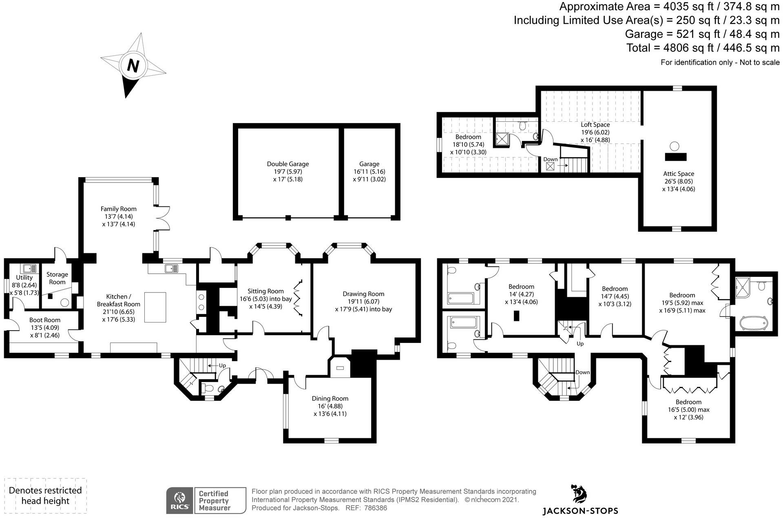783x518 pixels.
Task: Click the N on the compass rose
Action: (x=133, y=66)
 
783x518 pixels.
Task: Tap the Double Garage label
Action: (x=288, y=164)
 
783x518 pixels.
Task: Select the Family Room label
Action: (x=119, y=209)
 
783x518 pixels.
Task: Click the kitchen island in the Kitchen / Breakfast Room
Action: (x=155, y=307)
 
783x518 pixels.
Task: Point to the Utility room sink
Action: (x=29, y=268)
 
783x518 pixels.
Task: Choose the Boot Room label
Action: (x=45, y=320)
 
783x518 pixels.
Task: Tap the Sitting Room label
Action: (x=265, y=291)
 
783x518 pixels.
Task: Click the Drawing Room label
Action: (x=363, y=294)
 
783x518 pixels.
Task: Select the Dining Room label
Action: (x=330, y=398)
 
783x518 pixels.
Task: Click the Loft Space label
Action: (x=595, y=125)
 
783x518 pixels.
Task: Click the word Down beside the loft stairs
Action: (x=550, y=159)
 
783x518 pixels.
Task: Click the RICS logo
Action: (x=179, y=500)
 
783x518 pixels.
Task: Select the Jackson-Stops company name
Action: (x=580, y=511)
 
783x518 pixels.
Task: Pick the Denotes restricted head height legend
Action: (x=45, y=496)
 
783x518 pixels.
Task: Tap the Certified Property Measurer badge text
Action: (x=215, y=500)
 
